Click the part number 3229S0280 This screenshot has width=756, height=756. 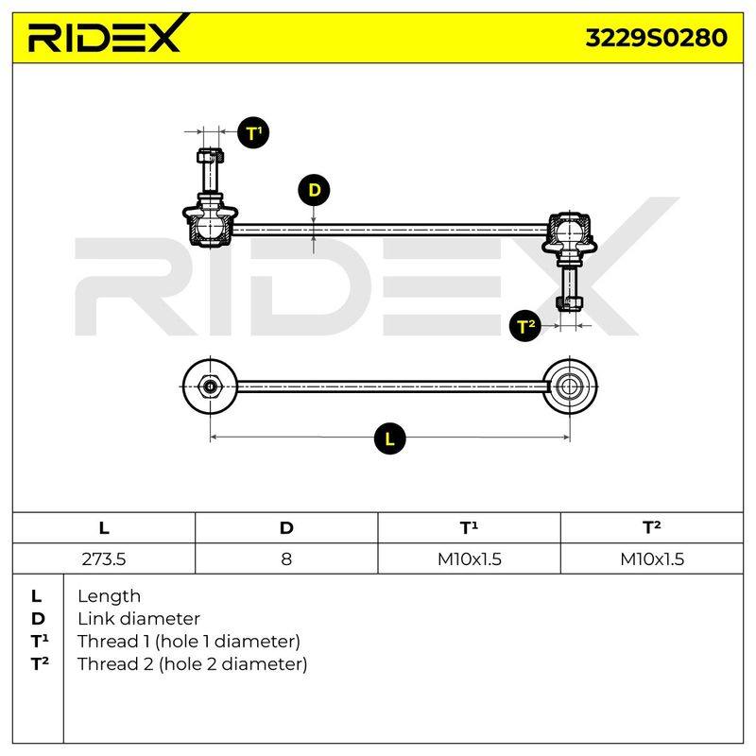click(x=656, y=38)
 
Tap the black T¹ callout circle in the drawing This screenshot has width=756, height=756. click(x=253, y=132)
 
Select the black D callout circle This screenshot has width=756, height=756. click(x=314, y=190)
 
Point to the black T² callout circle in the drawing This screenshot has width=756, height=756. click(x=525, y=326)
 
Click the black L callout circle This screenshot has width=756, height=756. click(x=389, y=438)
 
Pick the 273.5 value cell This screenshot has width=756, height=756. click(x=104, y=558)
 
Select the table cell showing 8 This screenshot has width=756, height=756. click(x=286, y=558)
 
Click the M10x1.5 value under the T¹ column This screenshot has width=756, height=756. click(x=469, y=558)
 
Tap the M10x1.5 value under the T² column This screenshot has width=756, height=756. click(x=652, y=558)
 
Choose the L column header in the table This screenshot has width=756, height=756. click(x=104, y=528)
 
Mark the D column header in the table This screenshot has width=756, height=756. click(x=286, y=528)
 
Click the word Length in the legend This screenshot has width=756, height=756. click(x=109, y=596)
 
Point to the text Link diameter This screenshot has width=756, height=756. click(x=139, y=619)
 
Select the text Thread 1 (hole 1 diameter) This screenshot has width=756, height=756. click(x=189, y=642)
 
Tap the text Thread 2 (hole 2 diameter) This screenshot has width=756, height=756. click(x=193, y=664)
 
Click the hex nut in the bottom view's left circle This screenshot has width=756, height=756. click(x=210, y=387)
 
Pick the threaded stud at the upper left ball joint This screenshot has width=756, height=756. click(x=210, y=171)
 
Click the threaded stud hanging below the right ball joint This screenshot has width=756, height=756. click(x=570, y=287)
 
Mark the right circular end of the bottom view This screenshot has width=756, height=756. click(x=570, y=387)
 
